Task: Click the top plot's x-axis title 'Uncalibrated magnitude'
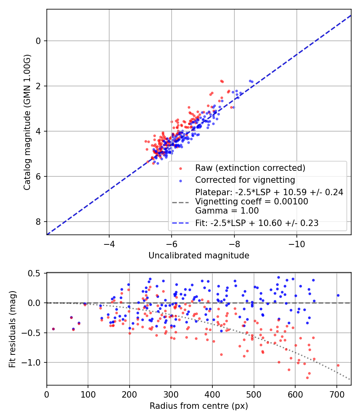(x=199, y=256)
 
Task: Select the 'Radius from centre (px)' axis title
(x=199, y=406)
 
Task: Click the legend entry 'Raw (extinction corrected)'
(x=250, y=168)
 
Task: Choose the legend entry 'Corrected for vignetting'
(x=245, y=180)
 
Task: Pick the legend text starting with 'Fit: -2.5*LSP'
(x=257, y=223)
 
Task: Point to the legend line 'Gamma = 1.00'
(x=227, y=211)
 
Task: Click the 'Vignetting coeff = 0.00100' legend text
(x=252, y=202)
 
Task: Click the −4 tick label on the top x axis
(x=109, y=244)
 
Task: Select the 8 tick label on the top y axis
(x=39, y=222)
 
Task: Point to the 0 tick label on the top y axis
(x=39, y=41)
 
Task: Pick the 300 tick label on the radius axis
(x=171, y=394)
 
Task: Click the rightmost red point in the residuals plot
(x=338, y=365)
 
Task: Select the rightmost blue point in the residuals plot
(x=338, y=295)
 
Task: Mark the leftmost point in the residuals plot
(x=53, y=329)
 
